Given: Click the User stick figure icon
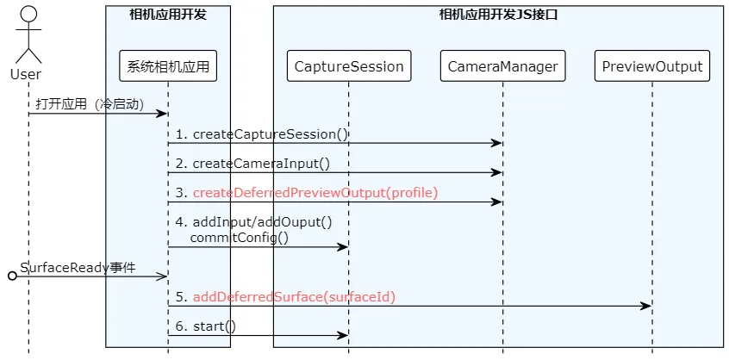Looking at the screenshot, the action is (28, 35).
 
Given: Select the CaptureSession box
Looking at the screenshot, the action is (349, 66).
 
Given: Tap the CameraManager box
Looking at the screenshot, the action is (502, 66).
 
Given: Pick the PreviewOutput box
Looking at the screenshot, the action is (651, 66).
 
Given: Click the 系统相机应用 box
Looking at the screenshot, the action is (168, 66).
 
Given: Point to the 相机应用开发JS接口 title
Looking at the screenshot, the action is (498, 15).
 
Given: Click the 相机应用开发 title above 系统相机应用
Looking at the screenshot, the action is (168, 15).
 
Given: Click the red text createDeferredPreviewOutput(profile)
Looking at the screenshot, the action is (315, 193).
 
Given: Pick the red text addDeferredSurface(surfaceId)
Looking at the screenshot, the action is (294, 297).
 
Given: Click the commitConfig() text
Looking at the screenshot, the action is (240, 238).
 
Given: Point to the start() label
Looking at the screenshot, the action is (215, 326).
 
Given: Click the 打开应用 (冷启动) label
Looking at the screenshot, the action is (90, 104).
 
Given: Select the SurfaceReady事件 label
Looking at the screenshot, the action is (78, 268).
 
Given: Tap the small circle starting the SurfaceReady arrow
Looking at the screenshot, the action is (13, 276).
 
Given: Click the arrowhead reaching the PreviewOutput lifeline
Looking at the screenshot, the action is (645, 306).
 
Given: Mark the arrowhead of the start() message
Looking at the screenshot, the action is (343, 335).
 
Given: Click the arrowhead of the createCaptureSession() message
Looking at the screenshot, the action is (496, 143).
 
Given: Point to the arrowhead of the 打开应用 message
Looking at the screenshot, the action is (162, 114).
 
